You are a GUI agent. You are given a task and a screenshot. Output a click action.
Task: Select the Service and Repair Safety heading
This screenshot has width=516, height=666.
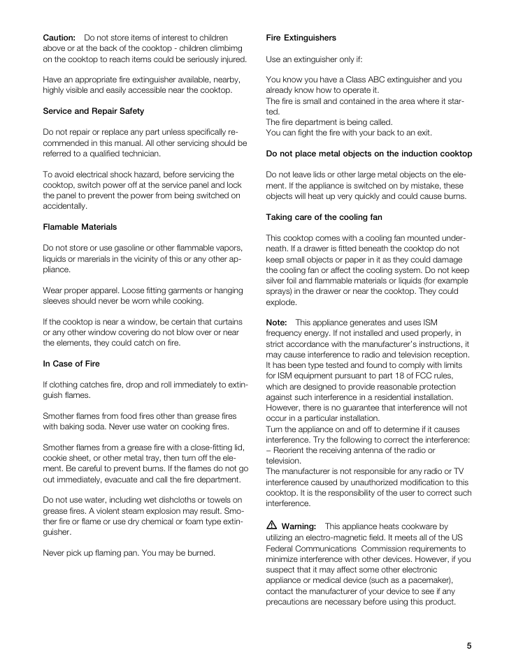click(x=94, y=111)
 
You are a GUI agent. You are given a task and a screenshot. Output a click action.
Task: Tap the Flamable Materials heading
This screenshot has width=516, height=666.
click(x=80, y=227)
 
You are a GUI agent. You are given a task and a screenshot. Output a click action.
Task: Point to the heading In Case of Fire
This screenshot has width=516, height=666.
click(x=71, y=364)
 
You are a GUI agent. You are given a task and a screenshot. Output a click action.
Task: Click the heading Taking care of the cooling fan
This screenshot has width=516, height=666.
click(x=324, y=217)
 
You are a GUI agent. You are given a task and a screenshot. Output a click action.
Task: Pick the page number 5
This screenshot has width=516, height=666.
click(x=469, y=646)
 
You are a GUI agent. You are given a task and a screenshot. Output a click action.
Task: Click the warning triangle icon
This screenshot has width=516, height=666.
click(x=271, y=526)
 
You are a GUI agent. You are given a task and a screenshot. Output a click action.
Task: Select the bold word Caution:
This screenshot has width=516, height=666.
click(x=59, y=38)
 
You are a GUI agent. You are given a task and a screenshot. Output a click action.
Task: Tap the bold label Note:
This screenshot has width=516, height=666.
click(x=277, y=323)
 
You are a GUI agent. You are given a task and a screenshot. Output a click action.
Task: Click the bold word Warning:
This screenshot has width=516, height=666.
click(x=299, y=526)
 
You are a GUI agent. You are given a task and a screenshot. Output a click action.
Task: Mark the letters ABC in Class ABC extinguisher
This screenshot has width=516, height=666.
click(x=359, y=80)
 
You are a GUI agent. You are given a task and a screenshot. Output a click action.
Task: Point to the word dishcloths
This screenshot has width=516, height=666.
click(x=171, y=500)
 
